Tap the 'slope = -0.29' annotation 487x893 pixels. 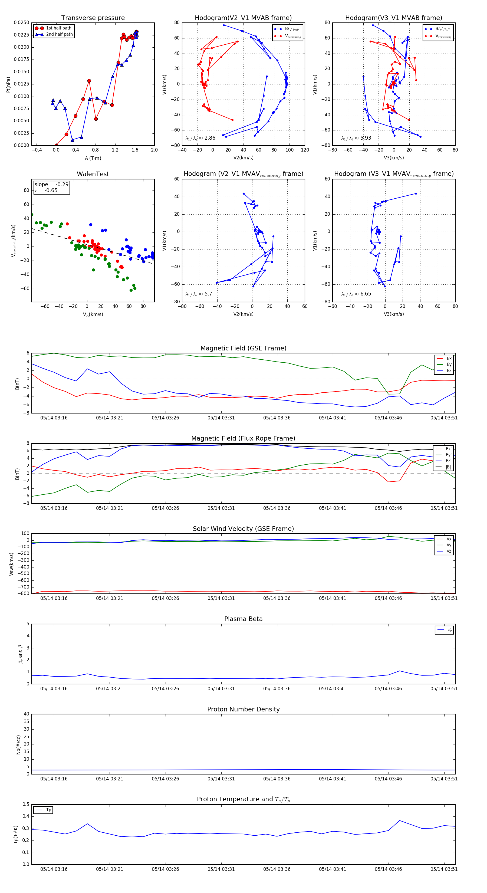pos(51,185)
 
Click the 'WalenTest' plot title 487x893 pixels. pos(93,174)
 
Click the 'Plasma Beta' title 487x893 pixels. pos(243,619)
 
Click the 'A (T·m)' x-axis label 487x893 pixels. pos(93,158)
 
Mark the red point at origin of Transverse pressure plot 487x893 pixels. pos(56,145)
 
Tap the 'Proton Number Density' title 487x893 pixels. pos(243,709)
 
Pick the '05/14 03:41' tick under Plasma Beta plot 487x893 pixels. pos(333,688)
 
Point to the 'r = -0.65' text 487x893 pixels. pos(46,190)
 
